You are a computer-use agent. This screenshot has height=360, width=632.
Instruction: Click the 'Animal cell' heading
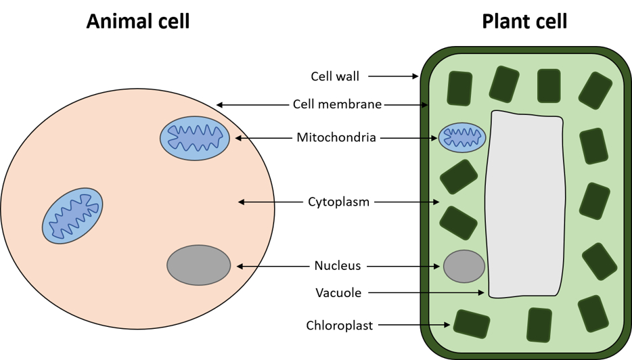[x=138, y=22]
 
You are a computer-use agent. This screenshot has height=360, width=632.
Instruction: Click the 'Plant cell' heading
[x=524, y=22]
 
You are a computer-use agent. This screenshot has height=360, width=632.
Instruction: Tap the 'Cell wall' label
[x=335, y=76]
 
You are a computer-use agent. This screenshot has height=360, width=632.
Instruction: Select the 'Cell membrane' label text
[x=337, y=104]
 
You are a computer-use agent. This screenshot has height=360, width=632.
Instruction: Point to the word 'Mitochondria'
[x=336, y=138]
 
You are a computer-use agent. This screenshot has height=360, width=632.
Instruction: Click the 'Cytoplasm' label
[x=338, y=202]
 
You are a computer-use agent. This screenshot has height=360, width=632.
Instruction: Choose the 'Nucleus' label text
[x=338, y=266]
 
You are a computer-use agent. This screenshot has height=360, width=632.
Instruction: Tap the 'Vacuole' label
[x=338, y=293]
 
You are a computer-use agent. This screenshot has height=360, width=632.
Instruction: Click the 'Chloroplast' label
[x=339, y=325]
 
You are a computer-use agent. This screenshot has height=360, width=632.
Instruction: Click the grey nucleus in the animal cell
[x=199, y=265]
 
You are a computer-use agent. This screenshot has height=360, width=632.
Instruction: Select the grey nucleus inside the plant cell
[x=464, y=266]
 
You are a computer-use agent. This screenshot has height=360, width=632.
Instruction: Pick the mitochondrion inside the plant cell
[x=462, y=138]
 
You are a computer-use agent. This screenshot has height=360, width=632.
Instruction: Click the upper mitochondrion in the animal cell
[x=195, y=138]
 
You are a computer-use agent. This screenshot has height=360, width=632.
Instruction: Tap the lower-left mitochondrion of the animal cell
[x=72, y=216]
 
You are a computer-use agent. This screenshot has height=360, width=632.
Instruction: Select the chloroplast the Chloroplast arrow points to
[x=472, y=323]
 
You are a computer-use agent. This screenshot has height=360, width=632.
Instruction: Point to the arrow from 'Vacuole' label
[x=426, y=293]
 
